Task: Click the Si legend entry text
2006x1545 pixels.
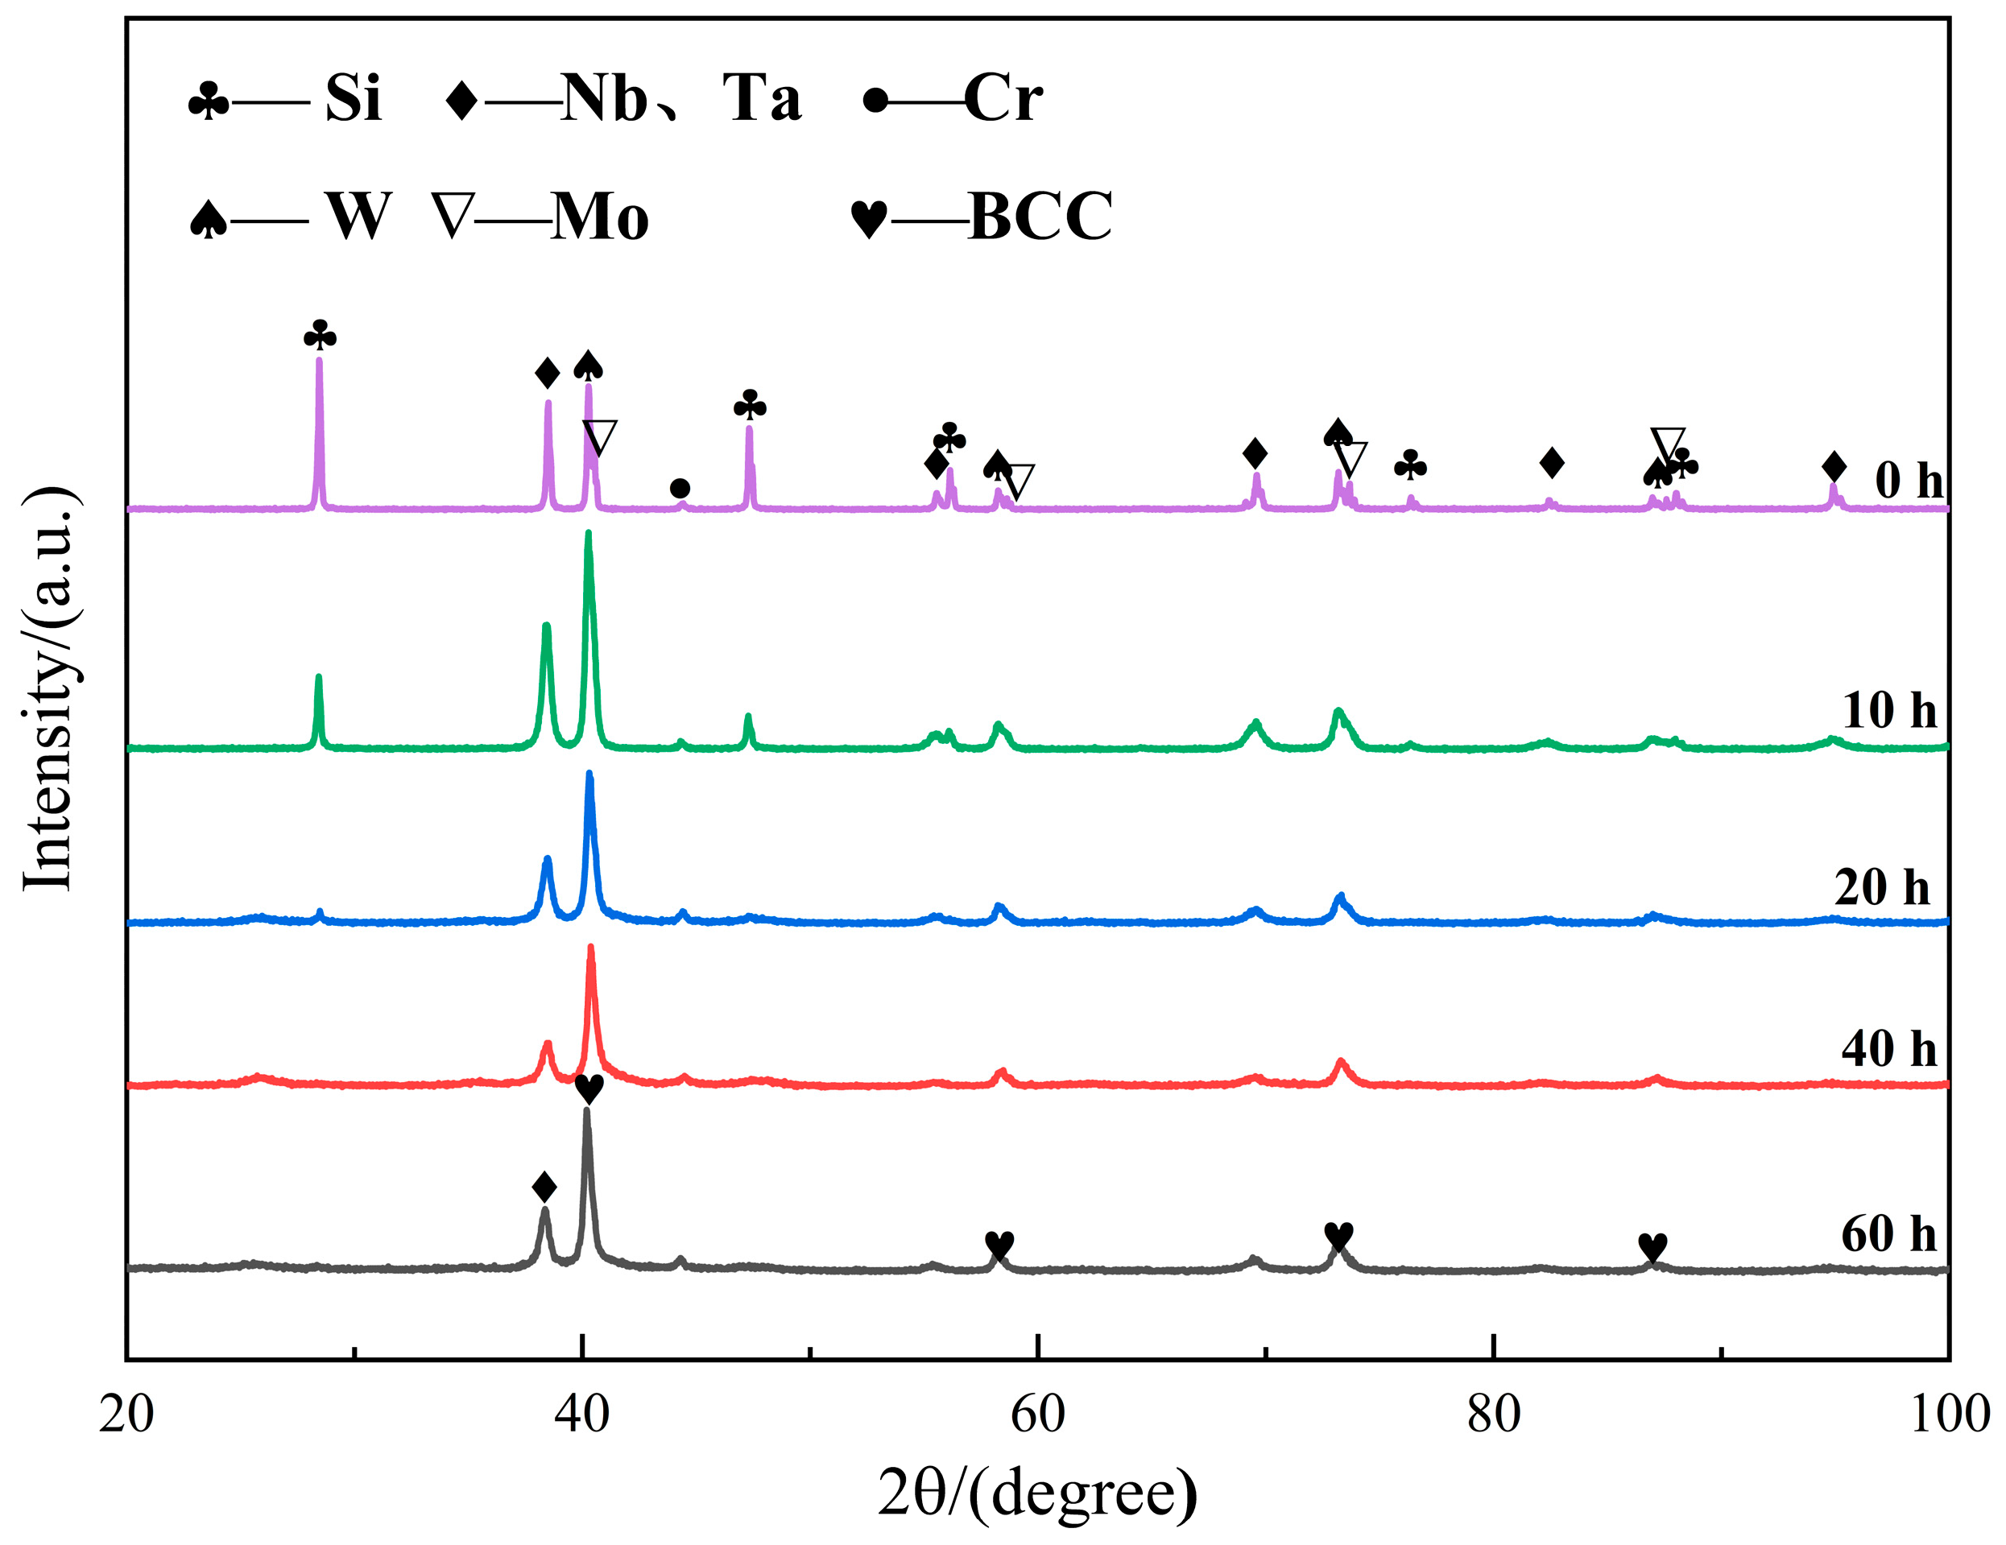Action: tap(353, 97)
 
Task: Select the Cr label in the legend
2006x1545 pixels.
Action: tap(1003, 97)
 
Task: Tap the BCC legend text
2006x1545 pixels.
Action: tap(1040, 217)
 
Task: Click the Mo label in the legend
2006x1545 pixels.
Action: tap(600, 217)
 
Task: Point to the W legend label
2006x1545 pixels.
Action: tap(359, 217)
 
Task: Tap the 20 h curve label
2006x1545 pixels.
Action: tap(1882, 886)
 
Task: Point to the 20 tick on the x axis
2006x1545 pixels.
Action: tap(126, 1415)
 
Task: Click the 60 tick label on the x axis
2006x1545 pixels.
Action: tap(1038, 1415)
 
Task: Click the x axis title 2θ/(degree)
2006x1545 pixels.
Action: tap(1038, 1493)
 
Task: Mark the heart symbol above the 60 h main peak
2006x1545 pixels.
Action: tap(589, 1089)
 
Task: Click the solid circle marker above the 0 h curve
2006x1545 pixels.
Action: tap(680, 488)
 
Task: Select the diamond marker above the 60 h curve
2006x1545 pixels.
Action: tap(544, 1187)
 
